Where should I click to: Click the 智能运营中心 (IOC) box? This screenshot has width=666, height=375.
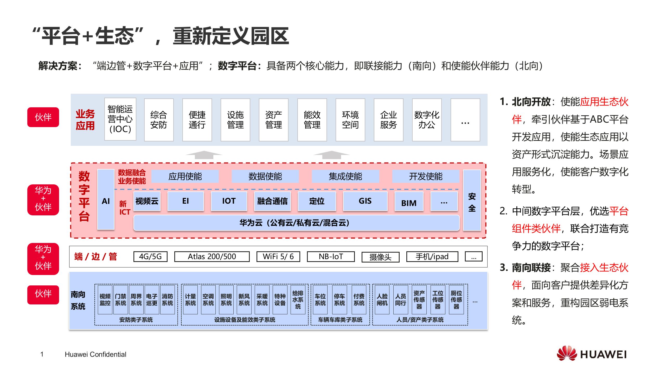point(120,120)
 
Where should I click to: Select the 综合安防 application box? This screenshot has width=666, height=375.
point(159,120)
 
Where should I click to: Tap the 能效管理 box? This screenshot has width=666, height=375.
point(312,120)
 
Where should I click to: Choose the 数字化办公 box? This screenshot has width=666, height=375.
point(427,120)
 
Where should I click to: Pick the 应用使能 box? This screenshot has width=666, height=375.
point(185,176)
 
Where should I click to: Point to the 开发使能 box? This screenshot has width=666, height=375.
point(425,176)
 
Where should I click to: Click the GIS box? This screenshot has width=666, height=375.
point(365,201)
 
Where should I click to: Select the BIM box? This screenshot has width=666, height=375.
point(409,202)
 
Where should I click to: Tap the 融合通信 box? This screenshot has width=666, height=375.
point(272,201)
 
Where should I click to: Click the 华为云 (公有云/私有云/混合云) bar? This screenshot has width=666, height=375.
point(296,223)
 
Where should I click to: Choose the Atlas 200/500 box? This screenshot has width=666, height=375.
point(212,257)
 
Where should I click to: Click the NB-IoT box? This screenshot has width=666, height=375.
point(331,257)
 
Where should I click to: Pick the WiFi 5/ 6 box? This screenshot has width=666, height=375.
point(278,257)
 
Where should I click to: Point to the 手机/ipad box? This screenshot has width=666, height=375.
point(432,257)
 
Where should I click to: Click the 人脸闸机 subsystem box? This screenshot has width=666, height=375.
point(382,300)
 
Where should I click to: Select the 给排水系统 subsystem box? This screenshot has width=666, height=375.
point(298,300)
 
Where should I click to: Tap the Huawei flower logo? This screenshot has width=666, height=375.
point(567,354)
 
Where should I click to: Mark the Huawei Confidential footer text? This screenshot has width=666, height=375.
point(95,354)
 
